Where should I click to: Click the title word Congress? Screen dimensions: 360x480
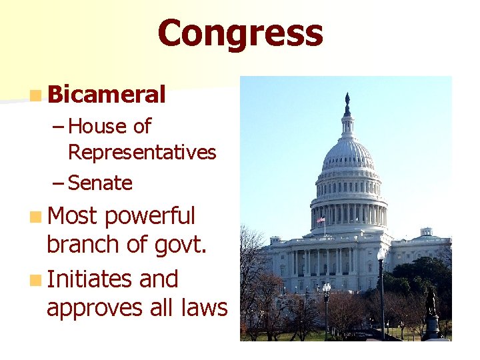[241, 33]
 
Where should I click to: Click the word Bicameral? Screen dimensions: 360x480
[107, 95]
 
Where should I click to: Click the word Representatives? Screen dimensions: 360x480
[142, 153]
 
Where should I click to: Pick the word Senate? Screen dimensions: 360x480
[100, 183]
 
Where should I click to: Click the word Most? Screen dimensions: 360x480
[72, 216]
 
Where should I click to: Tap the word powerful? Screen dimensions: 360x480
[149, 216]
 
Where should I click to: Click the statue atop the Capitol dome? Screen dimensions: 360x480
[347, 103]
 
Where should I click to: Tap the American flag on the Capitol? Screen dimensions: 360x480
[321, 220]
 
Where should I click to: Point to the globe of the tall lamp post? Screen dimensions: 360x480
[381, 254]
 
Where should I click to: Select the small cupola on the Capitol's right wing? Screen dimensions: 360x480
[426, 232]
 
